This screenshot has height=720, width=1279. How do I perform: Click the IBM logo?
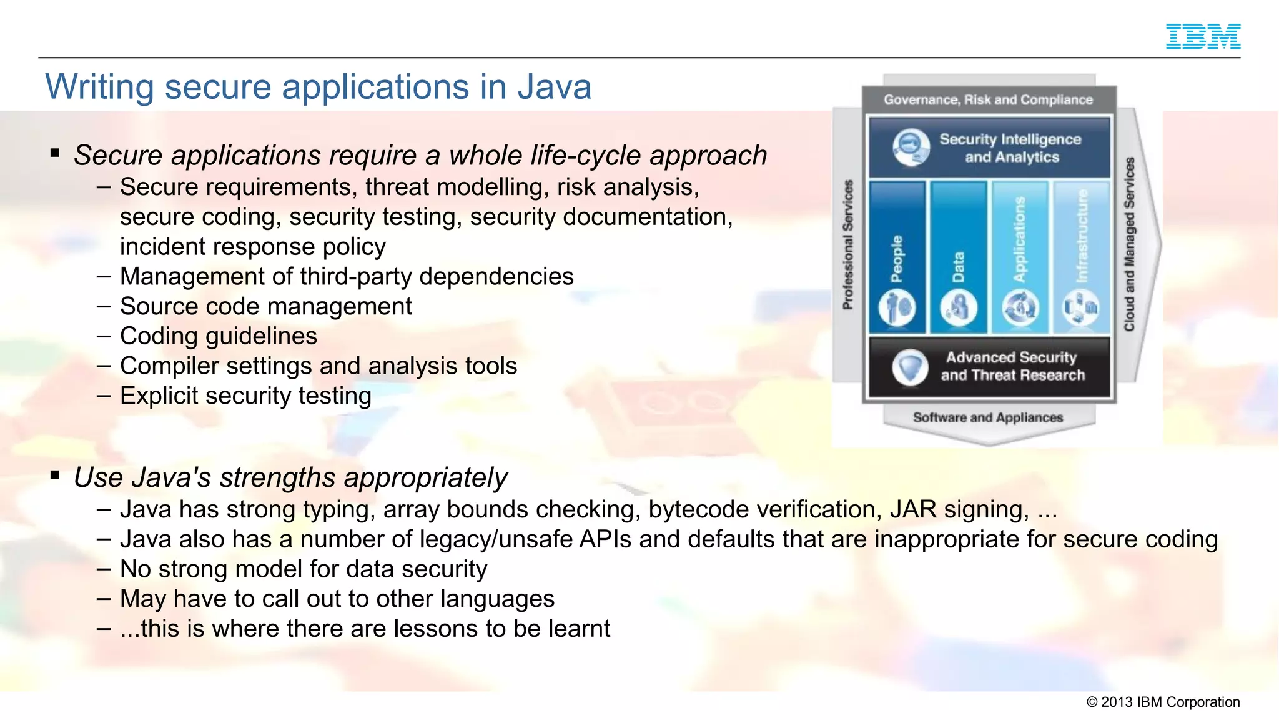(x=1203, y=36)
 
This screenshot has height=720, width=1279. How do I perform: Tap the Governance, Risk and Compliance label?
(x=988, y=100)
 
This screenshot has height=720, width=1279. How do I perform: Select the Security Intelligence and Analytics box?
(x=989, y=148)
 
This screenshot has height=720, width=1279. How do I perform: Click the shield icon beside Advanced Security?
(x=909, y=367)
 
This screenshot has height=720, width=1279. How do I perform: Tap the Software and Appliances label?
(x=988, y=417)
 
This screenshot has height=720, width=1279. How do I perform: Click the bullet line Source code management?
(x=265, y=307)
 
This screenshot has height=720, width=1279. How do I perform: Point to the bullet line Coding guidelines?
(x=218, y=337)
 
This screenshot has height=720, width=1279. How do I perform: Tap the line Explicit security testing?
(x=245, y=396)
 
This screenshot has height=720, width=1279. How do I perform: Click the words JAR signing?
(x=959, y=510)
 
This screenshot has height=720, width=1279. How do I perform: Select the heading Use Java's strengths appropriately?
(x=290, y=478)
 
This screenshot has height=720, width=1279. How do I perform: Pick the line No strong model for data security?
(x=303, y=569)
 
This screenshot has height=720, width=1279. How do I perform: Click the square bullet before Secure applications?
(x=55, y=153)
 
